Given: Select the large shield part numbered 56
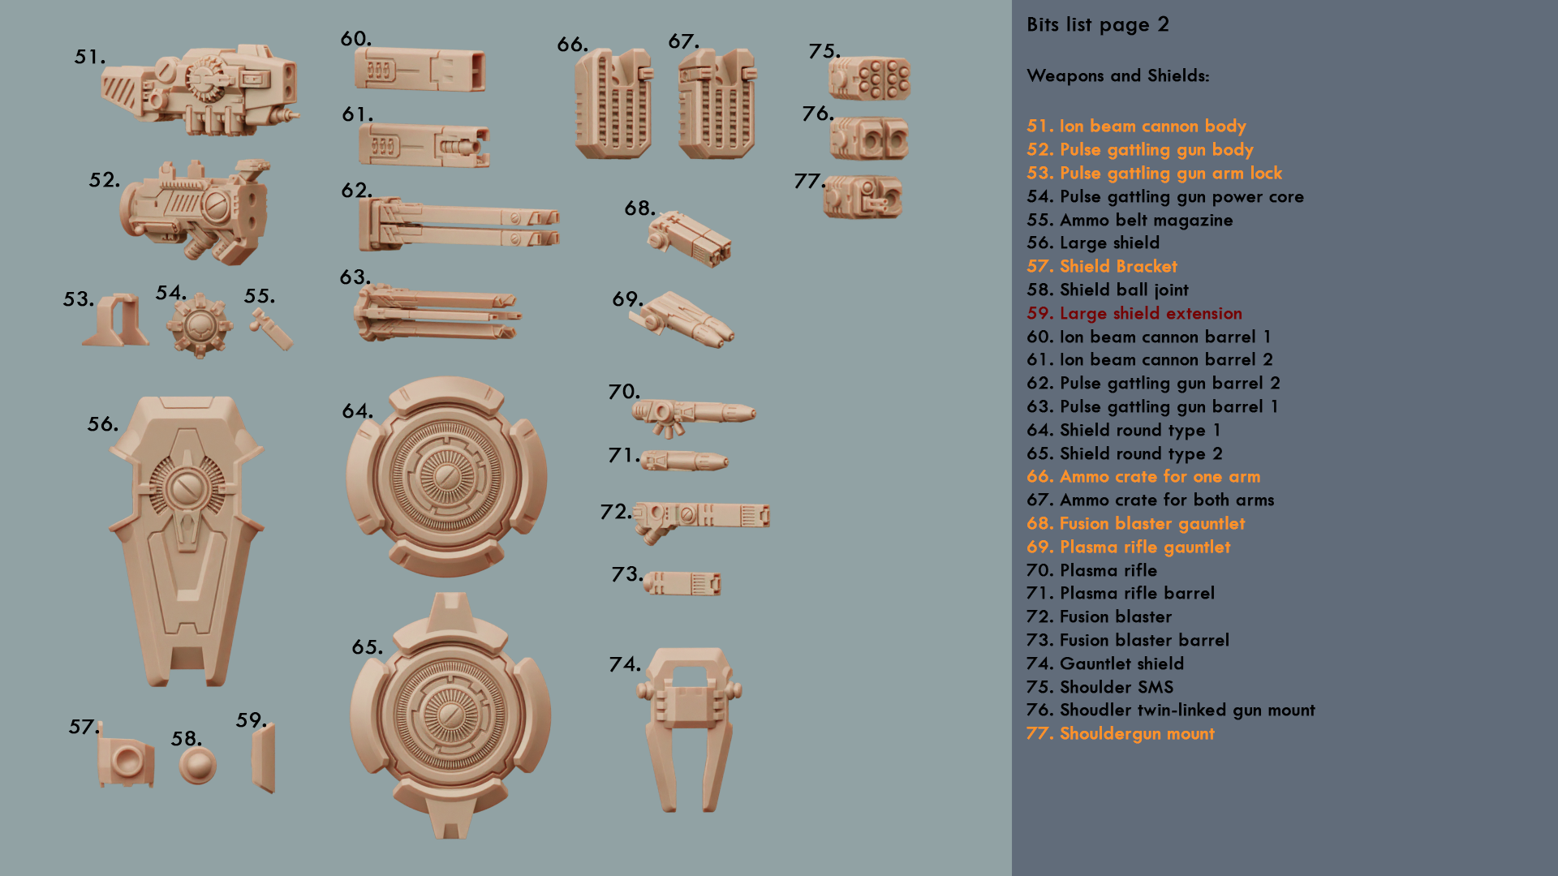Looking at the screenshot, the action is point(187,540).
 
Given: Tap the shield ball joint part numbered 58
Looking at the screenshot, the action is point(197,765).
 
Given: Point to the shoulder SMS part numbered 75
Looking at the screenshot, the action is point(869,79).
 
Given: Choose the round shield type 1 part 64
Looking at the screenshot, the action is point(446,476).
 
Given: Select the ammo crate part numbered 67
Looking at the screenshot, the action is point(717,103).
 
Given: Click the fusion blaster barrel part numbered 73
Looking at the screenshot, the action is point(682,583).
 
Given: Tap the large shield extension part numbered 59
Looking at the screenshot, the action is point(264,758).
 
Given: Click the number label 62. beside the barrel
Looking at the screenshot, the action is point(356,191).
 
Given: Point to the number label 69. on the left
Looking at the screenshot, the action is point(627,299).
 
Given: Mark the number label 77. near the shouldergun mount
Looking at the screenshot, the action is point(809,181).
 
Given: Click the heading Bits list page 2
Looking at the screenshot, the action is point(1098,24).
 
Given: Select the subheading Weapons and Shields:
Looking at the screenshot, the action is point(1118,75).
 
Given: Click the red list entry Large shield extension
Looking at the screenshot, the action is point(1151,313).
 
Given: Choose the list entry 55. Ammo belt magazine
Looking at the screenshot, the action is point(1130,220).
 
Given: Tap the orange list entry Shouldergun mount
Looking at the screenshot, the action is point(1137,734).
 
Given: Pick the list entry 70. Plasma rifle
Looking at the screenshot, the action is point(1091,570).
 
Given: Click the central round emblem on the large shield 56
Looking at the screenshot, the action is point(187,487).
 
